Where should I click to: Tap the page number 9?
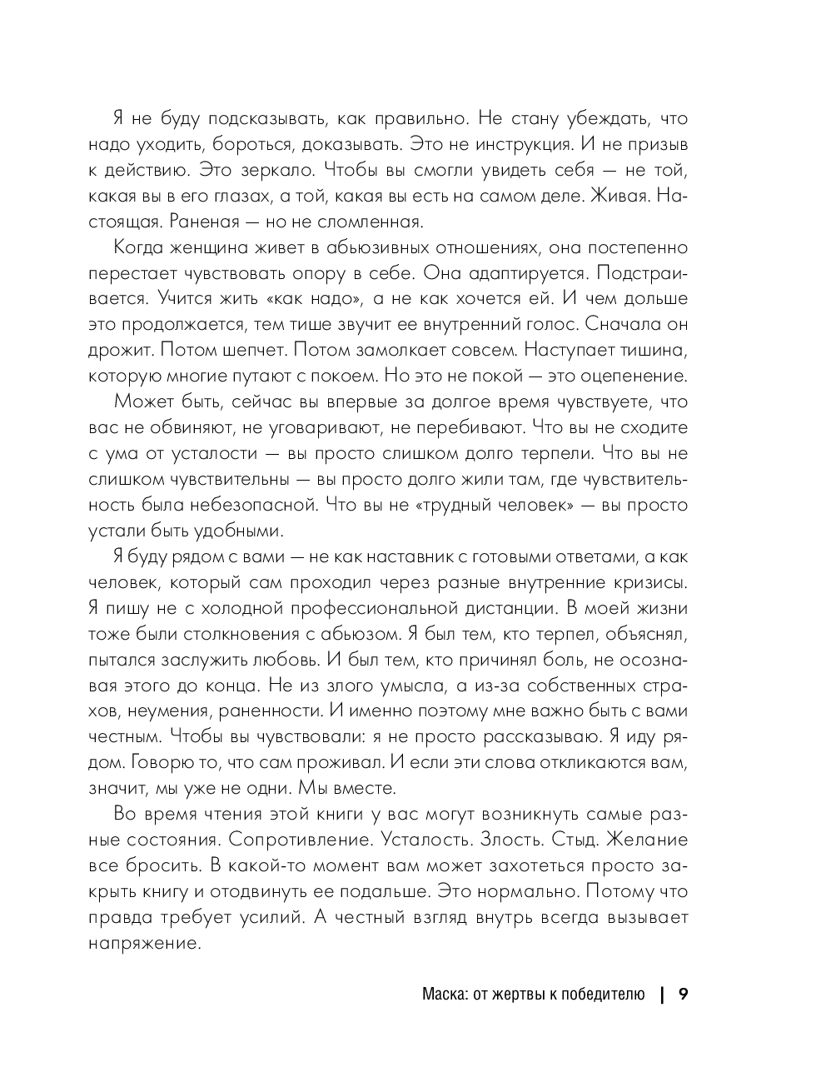tap(684, 993)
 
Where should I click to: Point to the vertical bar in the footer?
tap(663, 994)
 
